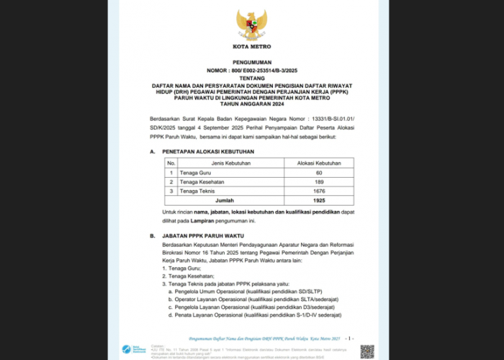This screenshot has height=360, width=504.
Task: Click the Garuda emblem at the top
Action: tap(252, 24)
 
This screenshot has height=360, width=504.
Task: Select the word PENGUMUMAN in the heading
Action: tap(252, 63)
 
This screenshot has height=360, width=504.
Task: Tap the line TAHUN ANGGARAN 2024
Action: tap(252, 103)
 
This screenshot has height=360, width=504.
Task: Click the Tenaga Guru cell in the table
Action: tap(194, 173)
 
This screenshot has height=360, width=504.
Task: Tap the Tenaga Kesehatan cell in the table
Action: tap(202, 182)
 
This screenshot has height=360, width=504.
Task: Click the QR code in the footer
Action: tap(367, 351)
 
